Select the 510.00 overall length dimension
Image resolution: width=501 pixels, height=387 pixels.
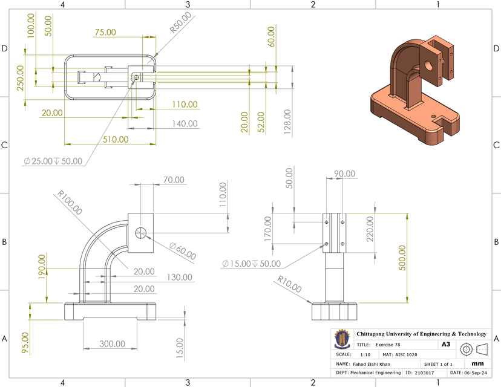pyautogui.click(x=115, y=139)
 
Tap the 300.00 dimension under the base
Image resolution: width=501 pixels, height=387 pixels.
pyautogui.click(x=112, y=343)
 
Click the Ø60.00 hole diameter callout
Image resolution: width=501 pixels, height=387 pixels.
pyautogui.click(x=183, y=252)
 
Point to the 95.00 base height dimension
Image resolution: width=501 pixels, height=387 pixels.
pyautogui.click(x=24, y=342)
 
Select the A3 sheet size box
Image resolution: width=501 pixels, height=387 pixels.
pyautogui.click(x=446, y=344)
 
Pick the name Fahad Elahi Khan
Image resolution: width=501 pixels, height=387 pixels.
pyautogui.click(x=374, y=364)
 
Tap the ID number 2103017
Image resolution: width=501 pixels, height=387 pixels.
pyautogui.click(x=426, y=373)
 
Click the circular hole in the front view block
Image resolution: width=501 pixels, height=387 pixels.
pyautogui.click(x=140, y=233)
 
